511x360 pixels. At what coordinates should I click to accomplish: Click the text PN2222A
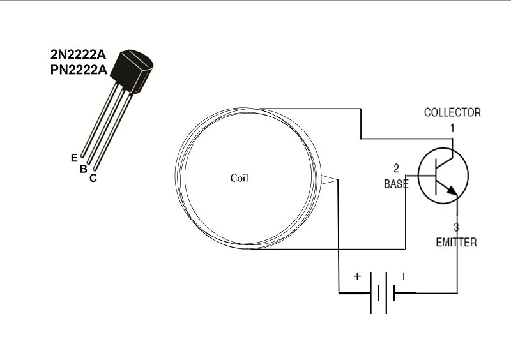[x=79, y=70]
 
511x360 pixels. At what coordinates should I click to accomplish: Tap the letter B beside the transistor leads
[x=83, y=169]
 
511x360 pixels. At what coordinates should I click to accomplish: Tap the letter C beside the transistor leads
[x=93, y=179]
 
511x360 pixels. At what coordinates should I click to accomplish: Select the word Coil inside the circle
[x=239, y=178]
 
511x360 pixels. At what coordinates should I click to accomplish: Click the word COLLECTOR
[x=452, y=112]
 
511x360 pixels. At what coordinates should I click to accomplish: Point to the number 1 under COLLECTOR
[x=452, y=128]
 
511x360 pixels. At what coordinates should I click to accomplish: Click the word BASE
[x=396, y=184]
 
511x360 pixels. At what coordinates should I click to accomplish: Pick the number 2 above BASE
[x=396, y=169]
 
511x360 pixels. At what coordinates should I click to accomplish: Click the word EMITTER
[x=456, y=243]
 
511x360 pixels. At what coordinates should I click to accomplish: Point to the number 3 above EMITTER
[x=456, y=227]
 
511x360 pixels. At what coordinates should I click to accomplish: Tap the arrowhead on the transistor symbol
[x=453, y=191]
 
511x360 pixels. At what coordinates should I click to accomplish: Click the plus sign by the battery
[x=357, y=276]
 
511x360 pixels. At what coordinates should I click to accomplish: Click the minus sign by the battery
[x=404, y=276]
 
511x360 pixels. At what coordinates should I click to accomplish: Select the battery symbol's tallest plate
[x=370, y=294]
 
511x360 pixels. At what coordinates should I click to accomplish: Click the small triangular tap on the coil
[x=330, y=182]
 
